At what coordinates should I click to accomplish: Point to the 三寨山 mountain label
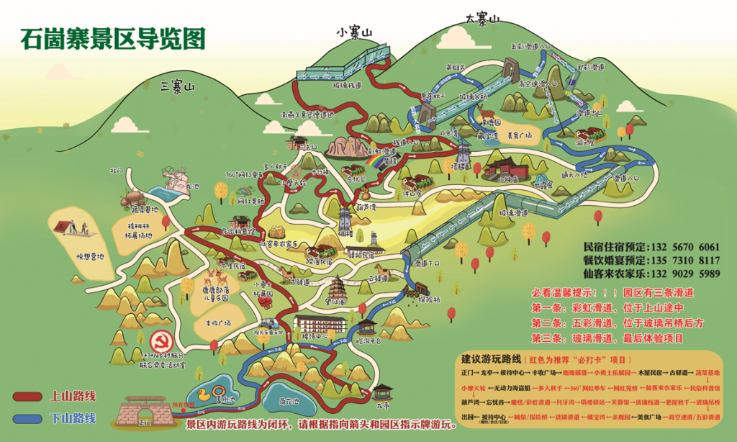click(178, 87)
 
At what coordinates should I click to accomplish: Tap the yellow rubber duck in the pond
click(204, 394)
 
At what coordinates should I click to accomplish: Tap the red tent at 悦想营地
click(64, 227)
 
